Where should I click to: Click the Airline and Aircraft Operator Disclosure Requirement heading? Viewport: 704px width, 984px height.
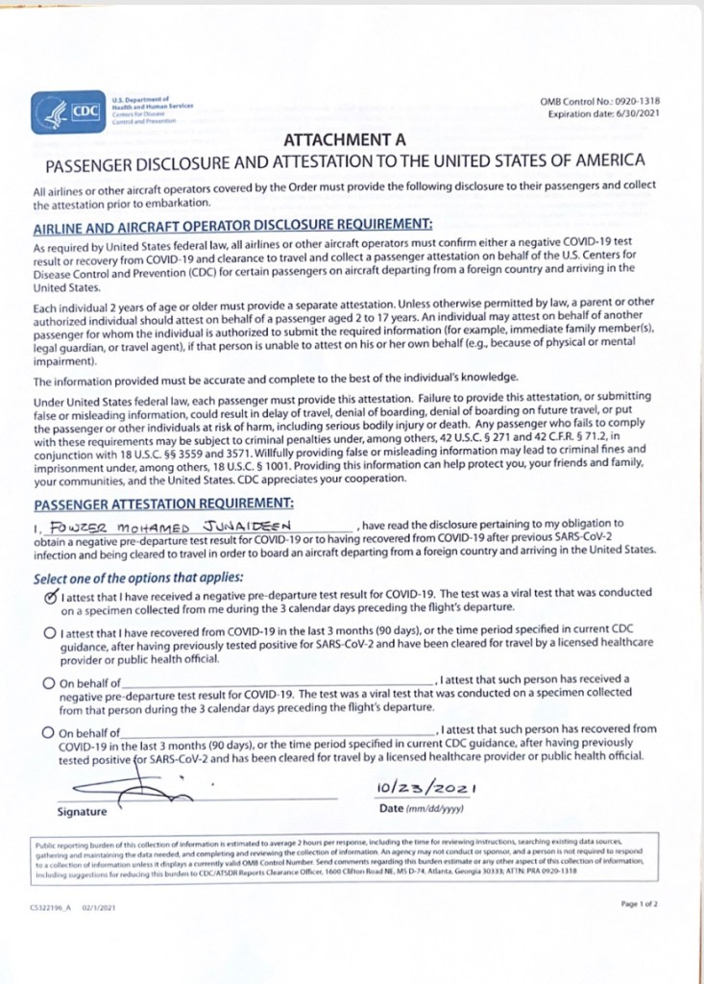[x=232, y=224]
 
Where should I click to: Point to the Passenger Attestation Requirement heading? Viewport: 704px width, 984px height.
[x=163, y=503]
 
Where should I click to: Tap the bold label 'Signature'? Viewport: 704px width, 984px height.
[x=83, y=812]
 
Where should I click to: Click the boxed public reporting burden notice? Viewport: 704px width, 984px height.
[x=346, y=861]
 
